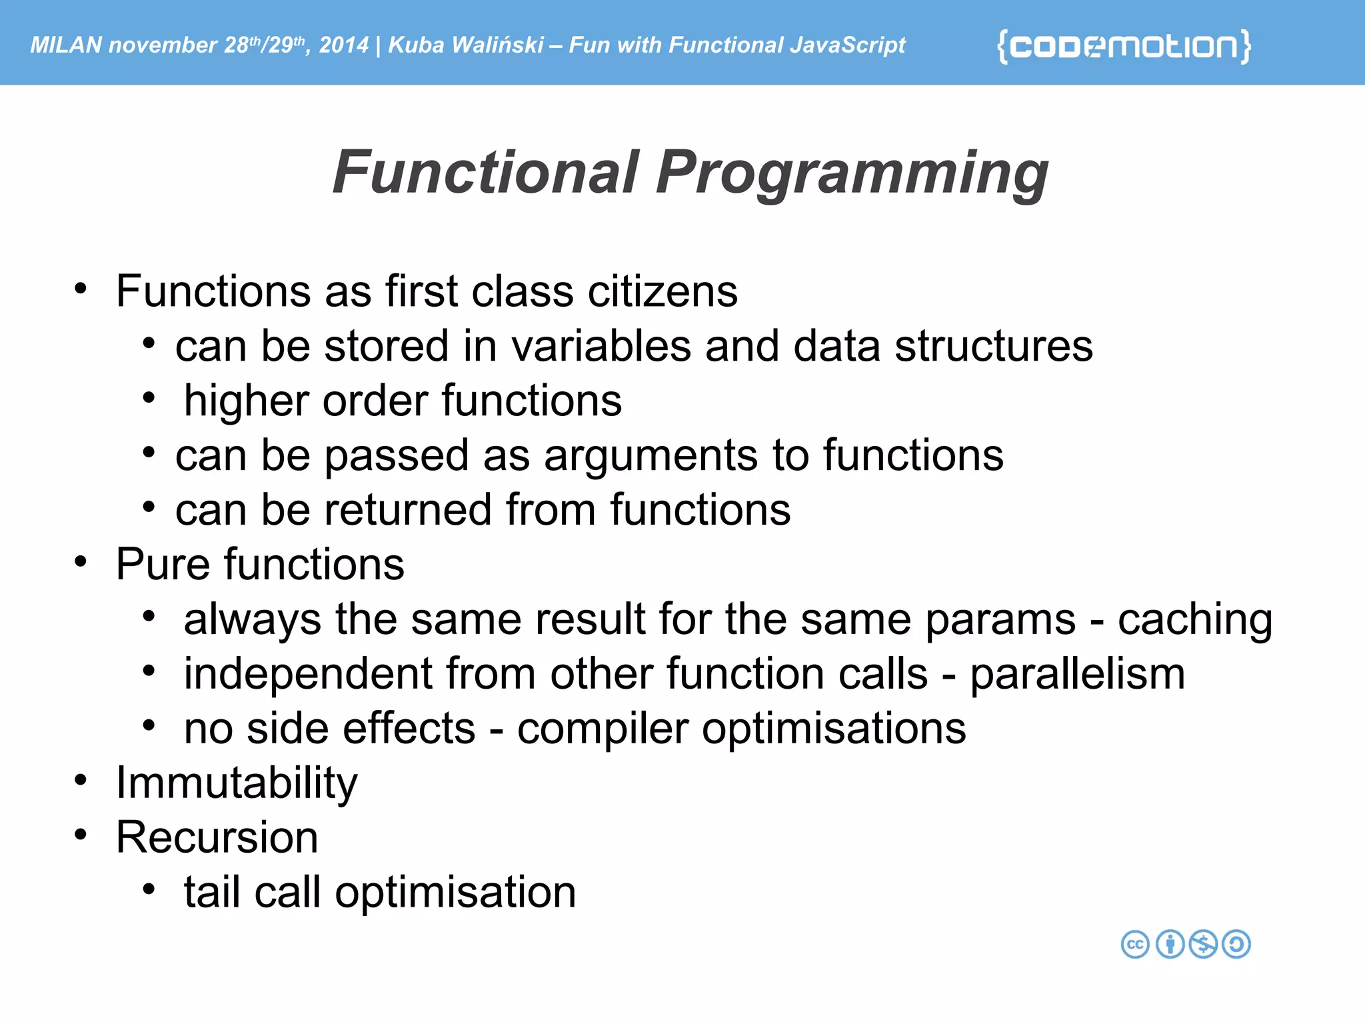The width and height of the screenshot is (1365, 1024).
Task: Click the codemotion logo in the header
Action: [1124, 46]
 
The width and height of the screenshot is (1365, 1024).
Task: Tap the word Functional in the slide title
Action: [486, 173]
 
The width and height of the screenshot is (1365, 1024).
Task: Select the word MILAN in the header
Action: [66, 45]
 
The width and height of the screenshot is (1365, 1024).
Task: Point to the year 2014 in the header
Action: [343, 45]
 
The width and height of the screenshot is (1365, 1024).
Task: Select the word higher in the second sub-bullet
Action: [245, 401]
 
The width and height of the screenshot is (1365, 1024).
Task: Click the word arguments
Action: [651, 455]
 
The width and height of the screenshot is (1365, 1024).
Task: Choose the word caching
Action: [1194, 619]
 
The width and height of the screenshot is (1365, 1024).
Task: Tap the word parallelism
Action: [1077, 674]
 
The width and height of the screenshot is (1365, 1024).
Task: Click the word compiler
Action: [603, 729]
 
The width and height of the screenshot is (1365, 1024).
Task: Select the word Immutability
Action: [237, 783]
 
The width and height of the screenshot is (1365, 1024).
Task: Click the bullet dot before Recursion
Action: [81, 835]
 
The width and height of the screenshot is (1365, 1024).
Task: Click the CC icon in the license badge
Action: [1135, 944]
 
